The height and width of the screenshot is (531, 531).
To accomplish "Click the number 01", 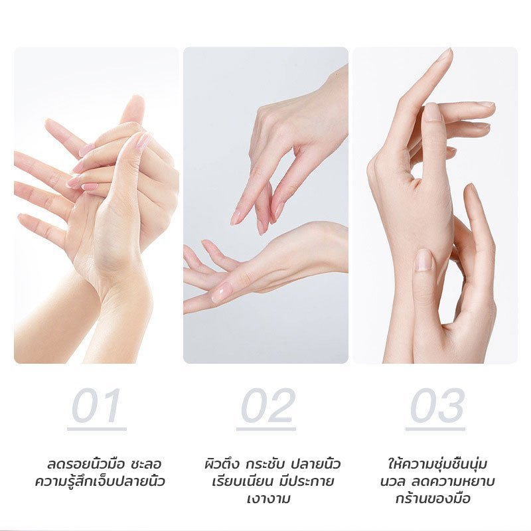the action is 96,405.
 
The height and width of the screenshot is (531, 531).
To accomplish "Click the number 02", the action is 267,405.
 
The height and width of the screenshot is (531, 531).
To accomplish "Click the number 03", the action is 437,405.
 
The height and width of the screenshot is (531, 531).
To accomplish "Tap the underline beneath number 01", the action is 97,429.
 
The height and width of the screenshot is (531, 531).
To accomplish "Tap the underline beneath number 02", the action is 266,429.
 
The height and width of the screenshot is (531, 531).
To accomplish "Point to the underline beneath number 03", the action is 435,429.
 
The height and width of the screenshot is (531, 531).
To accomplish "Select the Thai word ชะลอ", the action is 146,464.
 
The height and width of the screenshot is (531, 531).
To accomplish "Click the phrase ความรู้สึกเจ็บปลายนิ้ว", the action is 100,481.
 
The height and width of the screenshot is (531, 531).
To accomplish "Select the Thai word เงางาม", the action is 269,499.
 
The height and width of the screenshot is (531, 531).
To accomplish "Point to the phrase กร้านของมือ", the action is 433,498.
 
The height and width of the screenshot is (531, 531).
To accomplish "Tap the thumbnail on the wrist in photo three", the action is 423,260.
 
